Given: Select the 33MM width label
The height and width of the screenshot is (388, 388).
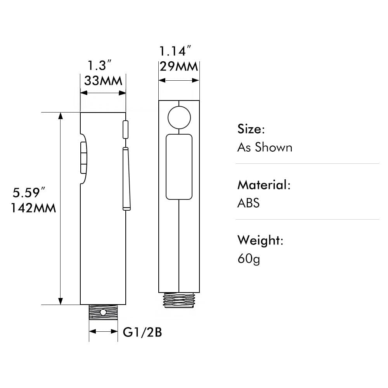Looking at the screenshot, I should pyautogui.click(x=103, y=81).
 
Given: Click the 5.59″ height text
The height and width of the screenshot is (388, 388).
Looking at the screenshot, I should pyautogui.click(x=29, y=192).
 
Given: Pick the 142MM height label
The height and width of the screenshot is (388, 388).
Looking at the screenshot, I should pyautogui.click(x=33, y=208).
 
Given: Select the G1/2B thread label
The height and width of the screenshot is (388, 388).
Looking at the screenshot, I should pyautogui.click(x=142, y=332).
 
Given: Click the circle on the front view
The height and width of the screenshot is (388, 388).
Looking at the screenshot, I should pyautogui.click(x=179, y=117).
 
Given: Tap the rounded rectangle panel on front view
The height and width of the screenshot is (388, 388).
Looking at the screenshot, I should pyautogui.click(x=179, y=166).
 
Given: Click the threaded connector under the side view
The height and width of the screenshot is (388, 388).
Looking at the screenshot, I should pyautogui.click(x=103, y=312).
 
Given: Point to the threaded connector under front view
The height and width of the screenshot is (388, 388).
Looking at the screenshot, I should pyautogui.click(x=179, y=300).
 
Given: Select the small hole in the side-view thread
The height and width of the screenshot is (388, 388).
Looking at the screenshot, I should pyautogui.click(x=104, y=312).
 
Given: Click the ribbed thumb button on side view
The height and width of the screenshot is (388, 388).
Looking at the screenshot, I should pyautogui.click(x=83, y=158).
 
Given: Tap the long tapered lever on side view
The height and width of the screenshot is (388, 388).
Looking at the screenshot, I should pyautogui.click(x=126, y=179).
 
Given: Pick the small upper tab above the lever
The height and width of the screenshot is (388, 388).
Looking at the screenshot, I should pyautogui.click(x=125, y=129).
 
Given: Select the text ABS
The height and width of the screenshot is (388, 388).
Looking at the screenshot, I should pyautogui.click(x=248, y=203).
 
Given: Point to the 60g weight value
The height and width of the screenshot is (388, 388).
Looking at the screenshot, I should pyautogui.click(x=249, y=258).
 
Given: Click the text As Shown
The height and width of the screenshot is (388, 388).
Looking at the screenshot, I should pyautogui.click(x=265, y=147).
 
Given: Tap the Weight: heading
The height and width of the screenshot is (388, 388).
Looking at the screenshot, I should pyautogui.click(x=260, y=240).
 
